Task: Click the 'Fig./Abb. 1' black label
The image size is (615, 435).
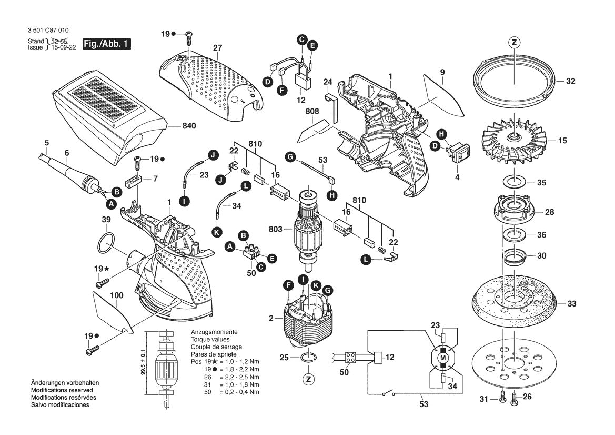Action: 106,44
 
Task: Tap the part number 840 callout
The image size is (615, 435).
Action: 188,126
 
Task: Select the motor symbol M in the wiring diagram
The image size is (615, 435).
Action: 442,359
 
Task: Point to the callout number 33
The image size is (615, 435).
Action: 571,303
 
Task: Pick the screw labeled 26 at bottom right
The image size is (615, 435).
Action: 514,400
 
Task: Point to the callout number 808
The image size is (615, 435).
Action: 312,112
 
